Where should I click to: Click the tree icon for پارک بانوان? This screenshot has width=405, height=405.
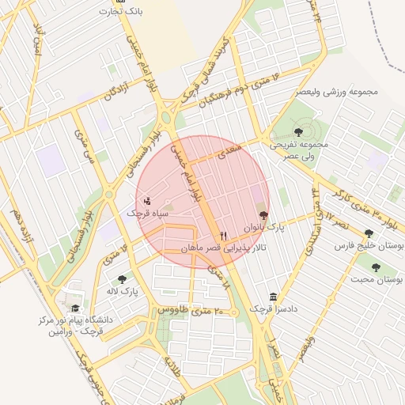tap(263, 214)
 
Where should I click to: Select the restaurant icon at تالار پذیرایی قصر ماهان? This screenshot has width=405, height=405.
tap(224, 236)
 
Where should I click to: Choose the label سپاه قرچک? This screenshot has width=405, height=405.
tap(148, 214)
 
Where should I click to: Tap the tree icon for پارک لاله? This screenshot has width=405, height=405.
tap(122, 279)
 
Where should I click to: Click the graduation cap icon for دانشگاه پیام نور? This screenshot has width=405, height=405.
tap(75, 308)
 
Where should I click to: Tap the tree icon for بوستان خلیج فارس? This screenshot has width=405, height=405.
tap(369, 233)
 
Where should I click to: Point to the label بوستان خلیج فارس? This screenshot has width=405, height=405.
tap(369, 246)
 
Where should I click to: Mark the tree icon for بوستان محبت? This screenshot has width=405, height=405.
tap(376, 267)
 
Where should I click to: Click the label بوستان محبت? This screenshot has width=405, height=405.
tap(377, 280)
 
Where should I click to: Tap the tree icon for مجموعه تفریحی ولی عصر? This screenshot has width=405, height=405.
tap(297, 132)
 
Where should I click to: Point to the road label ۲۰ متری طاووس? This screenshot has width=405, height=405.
tap(187, 311)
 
